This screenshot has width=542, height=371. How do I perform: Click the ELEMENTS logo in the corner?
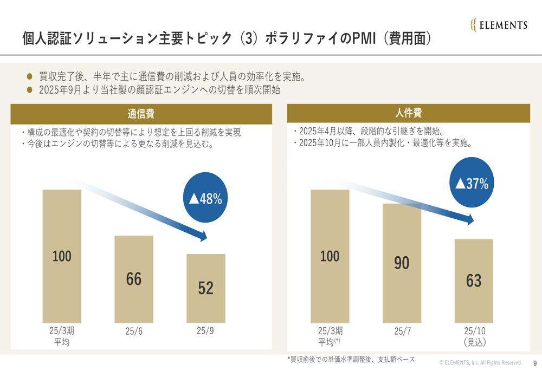point(499,25)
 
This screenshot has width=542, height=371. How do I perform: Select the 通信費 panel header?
point(141,114)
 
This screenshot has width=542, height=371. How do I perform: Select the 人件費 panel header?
point(409,113)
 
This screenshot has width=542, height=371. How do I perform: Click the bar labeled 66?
point(134,279)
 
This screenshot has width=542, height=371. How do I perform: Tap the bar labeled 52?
point(206,288)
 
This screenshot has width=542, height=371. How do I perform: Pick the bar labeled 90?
point(402,263)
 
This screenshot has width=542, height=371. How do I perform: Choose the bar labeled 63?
point(474,281)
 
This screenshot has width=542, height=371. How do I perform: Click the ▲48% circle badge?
point(206,199)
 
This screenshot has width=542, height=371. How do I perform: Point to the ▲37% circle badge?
point(472,183)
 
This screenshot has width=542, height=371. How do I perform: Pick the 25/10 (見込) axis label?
point(474,336)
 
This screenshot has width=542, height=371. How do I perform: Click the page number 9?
point(535,363)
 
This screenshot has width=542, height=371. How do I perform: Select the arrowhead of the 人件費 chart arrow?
point(469,220)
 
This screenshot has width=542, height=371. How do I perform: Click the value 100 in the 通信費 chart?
point(62,256)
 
